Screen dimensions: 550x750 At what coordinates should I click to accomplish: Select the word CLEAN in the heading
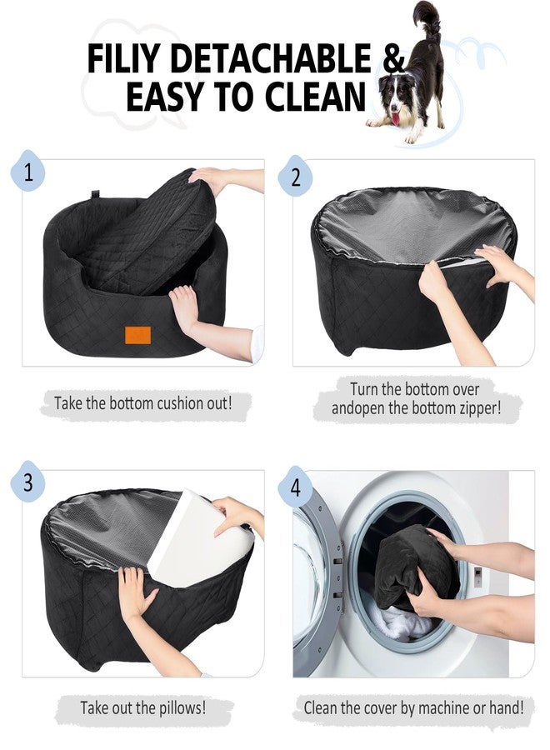316,96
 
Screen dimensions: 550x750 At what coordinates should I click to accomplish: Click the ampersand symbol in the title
393,58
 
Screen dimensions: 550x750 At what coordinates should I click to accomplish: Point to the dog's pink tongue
397,118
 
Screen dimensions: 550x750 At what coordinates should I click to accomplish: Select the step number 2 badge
296,175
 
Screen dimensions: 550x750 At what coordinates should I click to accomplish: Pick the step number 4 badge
296,486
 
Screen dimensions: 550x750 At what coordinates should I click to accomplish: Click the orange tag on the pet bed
137,335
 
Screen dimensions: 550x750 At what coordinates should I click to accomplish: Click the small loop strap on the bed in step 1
96,195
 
